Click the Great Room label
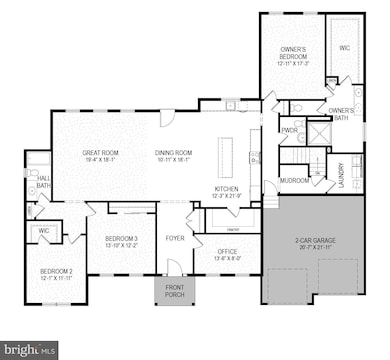tap(101, 152)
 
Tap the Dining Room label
tap(173, 152)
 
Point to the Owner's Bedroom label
tap(293, 53)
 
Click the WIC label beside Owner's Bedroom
tap(344, 47)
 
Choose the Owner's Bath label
tap(341, 113)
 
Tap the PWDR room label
tap(290, 130)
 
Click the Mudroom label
tap(294, 180)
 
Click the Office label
tap(227, 251)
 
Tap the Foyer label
tap(175, 238)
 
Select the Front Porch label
tap(173, 291)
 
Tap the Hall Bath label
tap(44, 181)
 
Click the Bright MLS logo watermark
tap(30, 350)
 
